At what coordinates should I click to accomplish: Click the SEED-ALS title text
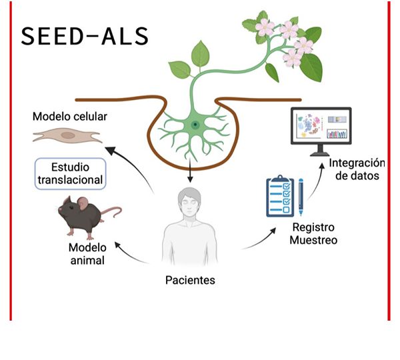point(84,36)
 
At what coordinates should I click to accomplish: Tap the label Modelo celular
point(70,117)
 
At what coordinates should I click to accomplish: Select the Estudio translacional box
point(70,173)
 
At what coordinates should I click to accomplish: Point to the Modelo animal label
point(87,254)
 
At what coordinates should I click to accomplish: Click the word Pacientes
point(190,280)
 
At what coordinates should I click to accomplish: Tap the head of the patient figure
point(191,203)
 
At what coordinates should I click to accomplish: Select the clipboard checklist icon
point(279,195)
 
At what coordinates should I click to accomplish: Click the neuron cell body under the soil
point(194,125)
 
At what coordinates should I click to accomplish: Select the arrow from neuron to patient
point(191,171)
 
